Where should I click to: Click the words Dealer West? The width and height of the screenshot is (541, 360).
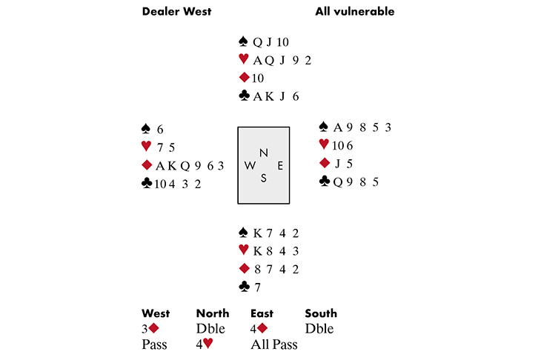click(x=176, y=11)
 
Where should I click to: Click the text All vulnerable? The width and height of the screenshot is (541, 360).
click(x=355, y=11)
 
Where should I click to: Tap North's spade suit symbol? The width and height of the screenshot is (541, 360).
click(x=243, y=41)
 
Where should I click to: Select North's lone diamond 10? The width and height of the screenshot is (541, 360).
click(x=258, y=78)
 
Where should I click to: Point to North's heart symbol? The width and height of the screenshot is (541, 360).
click(x=244, y=59)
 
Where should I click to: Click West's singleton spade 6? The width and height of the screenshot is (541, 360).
click(x=160, y=130)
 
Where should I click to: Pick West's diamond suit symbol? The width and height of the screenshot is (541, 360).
click(x=147, y=165)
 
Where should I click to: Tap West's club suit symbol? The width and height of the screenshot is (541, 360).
click(x=147, y=183)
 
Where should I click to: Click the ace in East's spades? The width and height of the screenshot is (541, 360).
click(x=338, y=127)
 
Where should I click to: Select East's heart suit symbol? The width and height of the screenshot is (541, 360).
click(x=324, y=144)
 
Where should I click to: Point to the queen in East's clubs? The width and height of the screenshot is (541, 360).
click(x=338, y=181)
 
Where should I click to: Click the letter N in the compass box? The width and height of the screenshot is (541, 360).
click(x=264, y=153)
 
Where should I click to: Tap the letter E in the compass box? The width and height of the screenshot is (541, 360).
click(x=280, y=166)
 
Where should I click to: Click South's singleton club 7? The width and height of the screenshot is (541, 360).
click(x=258, y=287)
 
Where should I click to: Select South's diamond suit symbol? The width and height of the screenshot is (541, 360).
click(x=244, y=268)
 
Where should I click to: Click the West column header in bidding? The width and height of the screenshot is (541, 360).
click(x=156, y=313)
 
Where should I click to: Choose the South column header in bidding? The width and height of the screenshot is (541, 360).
click(x=321, y=313)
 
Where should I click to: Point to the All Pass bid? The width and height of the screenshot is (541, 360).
click(x=274, y=344)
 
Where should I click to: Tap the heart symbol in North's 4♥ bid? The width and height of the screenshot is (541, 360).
click(x=208, y=343)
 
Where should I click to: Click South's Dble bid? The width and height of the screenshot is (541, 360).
click(x=319, y=329)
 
